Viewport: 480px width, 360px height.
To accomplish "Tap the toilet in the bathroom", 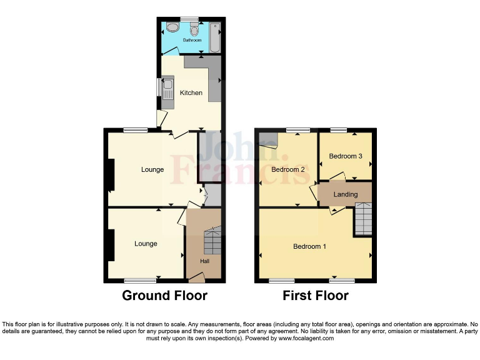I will pos(194,29).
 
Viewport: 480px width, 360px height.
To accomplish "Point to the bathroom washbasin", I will pos(171,29).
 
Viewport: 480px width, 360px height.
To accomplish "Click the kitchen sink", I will pos(168,89).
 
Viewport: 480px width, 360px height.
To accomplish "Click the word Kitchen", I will pos(191,93).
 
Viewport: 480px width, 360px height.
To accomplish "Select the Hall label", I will pos(204,261).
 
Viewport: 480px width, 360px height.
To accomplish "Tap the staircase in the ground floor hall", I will pos(212,241).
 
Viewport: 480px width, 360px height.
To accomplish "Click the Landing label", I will pos(345,194).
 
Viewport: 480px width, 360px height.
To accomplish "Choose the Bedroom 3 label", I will pos(346,156).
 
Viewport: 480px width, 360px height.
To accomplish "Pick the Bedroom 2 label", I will pos(288,169).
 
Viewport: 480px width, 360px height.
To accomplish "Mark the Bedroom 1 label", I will pos(310,246).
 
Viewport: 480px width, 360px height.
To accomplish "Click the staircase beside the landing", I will pos(363,219).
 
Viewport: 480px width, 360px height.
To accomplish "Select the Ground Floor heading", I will pos(164,296).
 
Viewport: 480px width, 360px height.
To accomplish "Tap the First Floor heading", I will pos(316,296).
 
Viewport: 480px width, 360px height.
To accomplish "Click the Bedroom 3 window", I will pos(339,130).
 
